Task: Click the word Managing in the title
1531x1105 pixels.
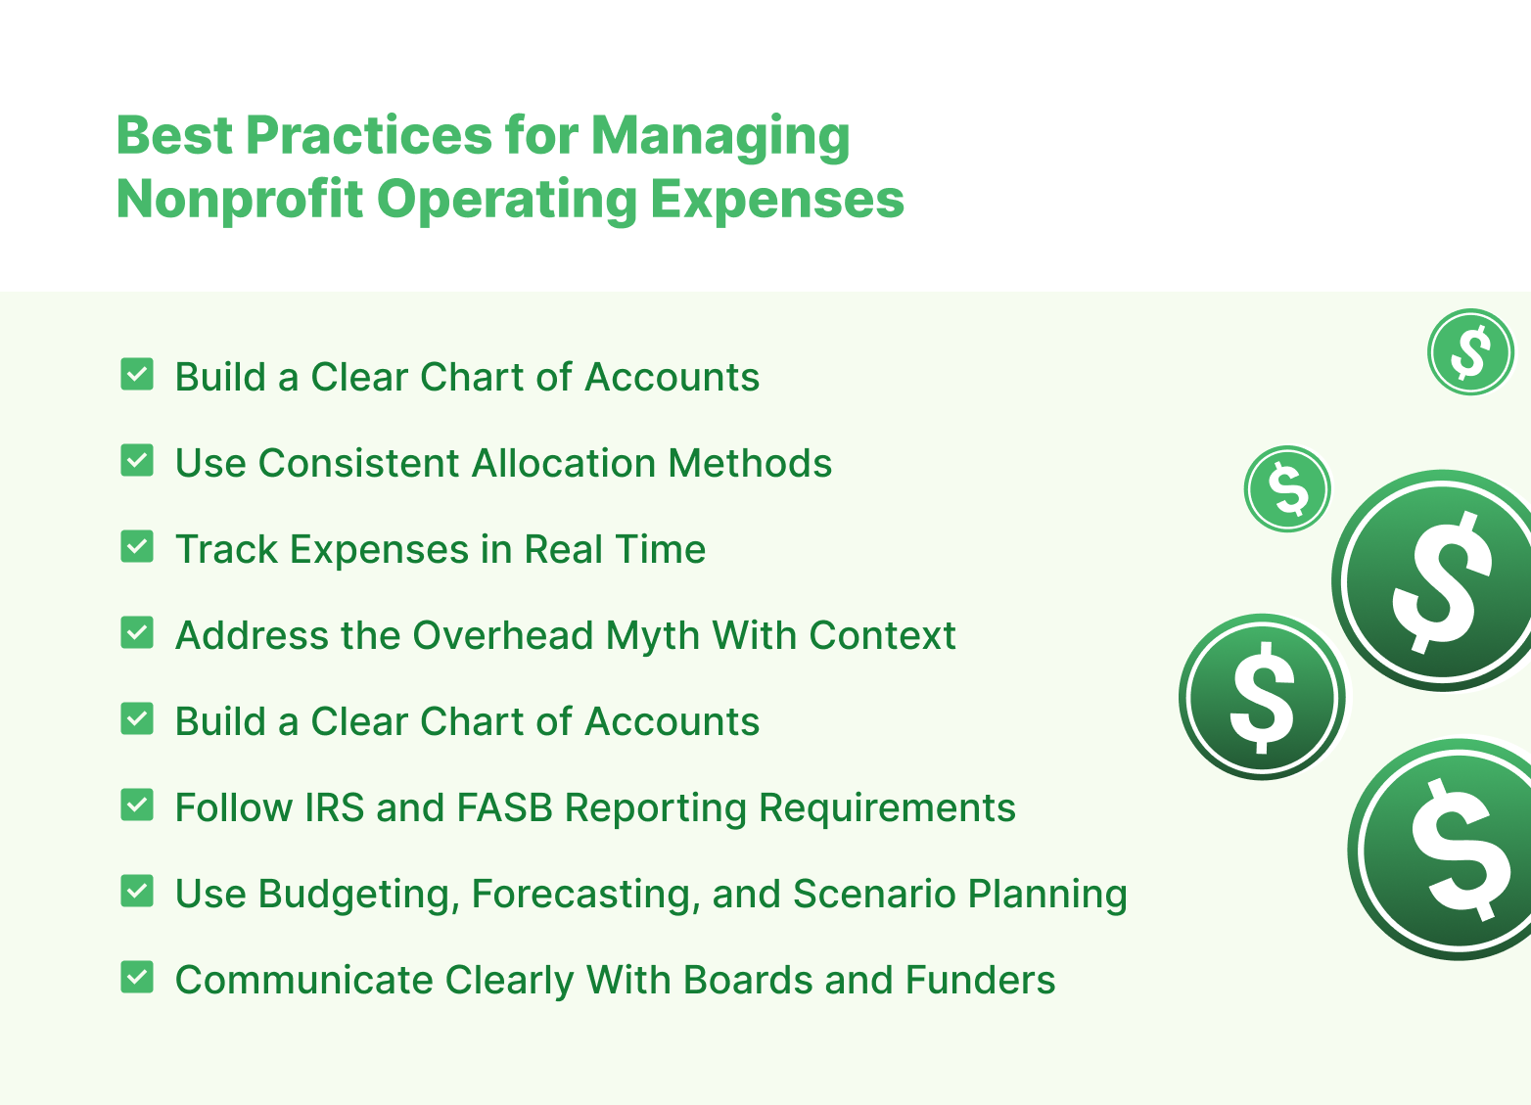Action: tap(720, 136)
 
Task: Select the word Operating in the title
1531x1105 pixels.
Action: tap(506, 201)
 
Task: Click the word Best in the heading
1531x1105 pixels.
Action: tap(171, 135)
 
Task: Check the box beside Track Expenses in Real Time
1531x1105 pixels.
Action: tap(137, 547)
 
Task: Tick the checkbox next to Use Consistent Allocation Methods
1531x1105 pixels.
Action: tap(137, 461)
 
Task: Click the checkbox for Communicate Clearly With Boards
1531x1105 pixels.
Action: tap(137, 978)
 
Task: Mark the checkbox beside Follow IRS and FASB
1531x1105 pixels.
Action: tap(137, 806)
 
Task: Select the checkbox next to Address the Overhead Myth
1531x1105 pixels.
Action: tap(137, 633)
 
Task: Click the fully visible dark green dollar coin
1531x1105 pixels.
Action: tap(1262, 697)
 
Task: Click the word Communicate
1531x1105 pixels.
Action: tap(303, 981)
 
